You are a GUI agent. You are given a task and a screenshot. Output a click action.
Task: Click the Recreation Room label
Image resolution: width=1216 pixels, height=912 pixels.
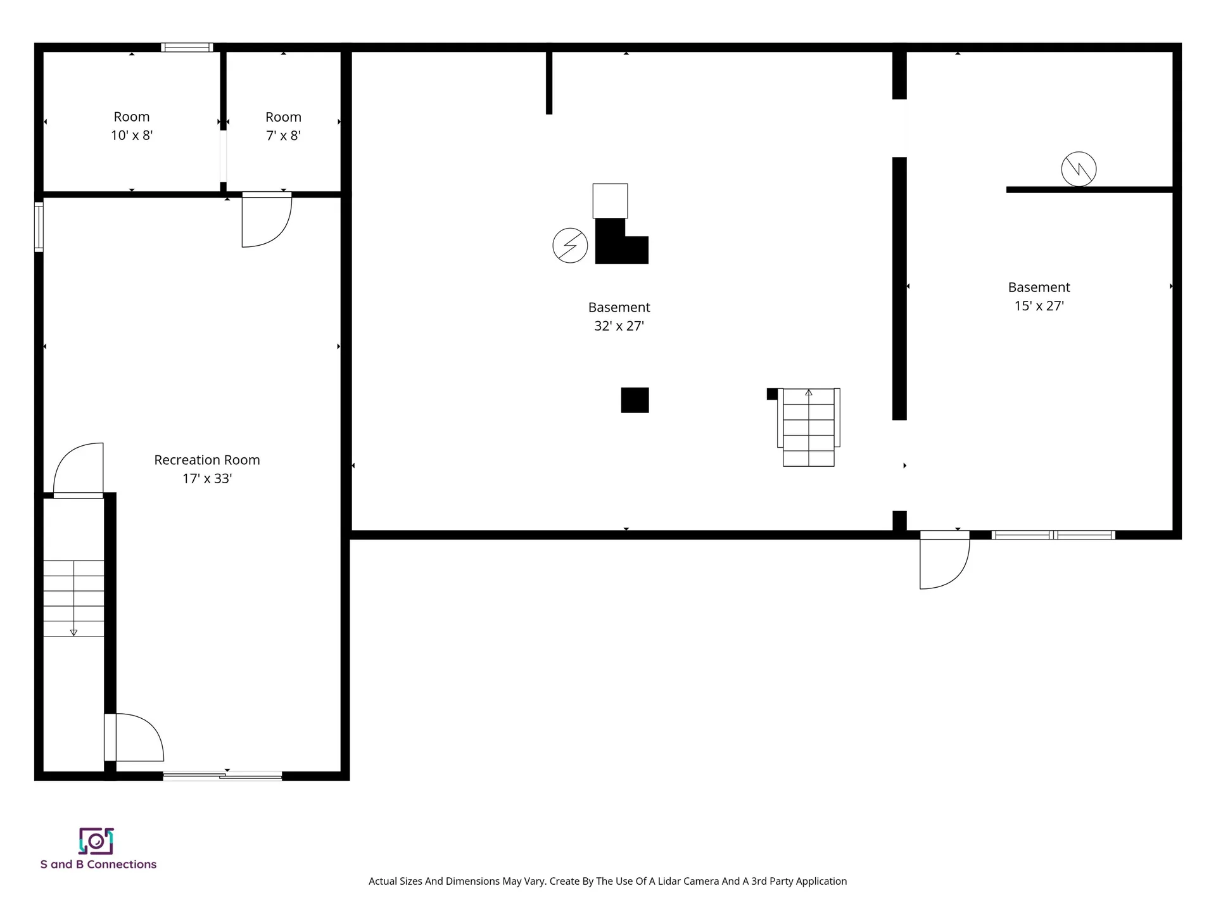coord(207,460)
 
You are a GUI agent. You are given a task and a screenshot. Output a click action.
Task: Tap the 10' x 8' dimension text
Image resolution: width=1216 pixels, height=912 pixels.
coord(132,135)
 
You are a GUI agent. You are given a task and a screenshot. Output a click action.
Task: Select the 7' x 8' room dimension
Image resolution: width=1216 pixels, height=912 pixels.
coord(283,136)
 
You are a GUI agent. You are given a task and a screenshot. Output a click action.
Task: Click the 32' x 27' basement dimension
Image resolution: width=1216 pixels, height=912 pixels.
coord(619,326)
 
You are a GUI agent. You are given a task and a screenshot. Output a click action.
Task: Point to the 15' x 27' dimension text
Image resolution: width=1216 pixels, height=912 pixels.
coord(1039,306)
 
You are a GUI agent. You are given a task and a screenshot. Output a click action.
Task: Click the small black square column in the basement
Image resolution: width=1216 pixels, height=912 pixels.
coord(635,400)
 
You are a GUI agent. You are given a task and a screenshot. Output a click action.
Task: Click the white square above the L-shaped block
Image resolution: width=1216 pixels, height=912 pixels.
coord(610,201)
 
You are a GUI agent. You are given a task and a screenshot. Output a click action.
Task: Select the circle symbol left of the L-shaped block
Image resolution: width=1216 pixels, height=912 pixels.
coord(570,245)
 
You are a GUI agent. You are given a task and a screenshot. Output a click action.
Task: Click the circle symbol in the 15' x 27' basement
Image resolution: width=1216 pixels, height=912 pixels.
coord(1079,169)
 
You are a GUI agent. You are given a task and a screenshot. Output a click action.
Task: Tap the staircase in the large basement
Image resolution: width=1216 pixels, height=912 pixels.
coord(809,427)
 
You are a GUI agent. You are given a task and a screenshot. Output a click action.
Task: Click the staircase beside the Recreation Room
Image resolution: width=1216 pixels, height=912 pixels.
coord(73,598)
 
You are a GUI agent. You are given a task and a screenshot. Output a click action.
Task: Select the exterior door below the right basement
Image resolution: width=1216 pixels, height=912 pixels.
coord(944,560)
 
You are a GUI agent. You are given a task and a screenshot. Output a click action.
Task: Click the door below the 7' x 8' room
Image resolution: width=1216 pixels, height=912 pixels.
coord(267,220)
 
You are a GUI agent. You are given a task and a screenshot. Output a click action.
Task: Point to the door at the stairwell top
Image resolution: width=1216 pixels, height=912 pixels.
coord(79,471)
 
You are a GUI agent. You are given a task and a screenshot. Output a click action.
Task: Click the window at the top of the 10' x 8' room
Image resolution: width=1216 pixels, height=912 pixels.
coord(187,47)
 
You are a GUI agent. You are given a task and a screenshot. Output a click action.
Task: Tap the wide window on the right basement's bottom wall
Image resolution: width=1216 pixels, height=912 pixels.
coord(1053,535)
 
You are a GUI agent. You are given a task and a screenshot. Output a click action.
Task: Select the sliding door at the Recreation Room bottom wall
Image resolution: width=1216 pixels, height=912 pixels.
coord(223,775)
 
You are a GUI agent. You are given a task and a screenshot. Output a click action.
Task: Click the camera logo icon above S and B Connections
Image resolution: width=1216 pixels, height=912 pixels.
coord(96,841)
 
